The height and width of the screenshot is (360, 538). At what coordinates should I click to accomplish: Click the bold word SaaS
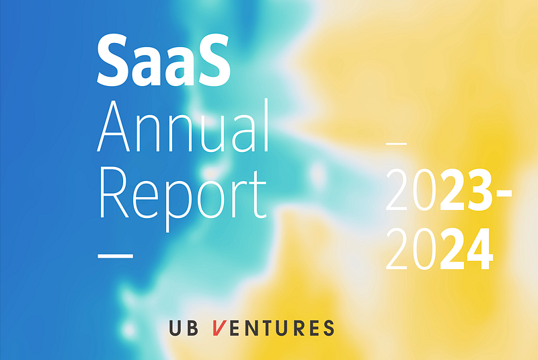[x=163, y=60]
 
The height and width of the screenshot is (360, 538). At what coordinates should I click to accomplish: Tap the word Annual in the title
[x=183, y=126]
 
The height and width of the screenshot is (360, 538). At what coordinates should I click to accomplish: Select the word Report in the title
[x=183, y=196]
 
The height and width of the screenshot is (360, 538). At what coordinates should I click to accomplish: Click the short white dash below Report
[x=115, y=256]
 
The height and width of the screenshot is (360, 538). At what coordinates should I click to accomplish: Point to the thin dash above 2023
[x=397, y=143]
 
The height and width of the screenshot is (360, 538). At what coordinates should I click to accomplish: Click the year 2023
[x=440, y=190]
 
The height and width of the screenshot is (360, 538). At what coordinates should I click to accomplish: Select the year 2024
[x=440, y=249]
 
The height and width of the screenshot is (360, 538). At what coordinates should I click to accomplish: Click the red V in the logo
[x=219, y=328]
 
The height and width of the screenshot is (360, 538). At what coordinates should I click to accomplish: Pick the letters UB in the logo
[x=184, y=328]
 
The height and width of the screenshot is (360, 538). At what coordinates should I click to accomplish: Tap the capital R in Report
[x=114, y=192]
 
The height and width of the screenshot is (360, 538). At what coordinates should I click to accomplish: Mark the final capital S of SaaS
[x=213, y=60]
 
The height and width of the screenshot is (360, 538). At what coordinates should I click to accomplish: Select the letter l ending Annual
[x=266, y=125]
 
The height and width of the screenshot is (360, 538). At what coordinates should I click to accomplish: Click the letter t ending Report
[x=258, y=195]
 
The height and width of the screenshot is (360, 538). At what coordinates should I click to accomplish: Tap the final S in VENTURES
[x=328, y=328]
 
